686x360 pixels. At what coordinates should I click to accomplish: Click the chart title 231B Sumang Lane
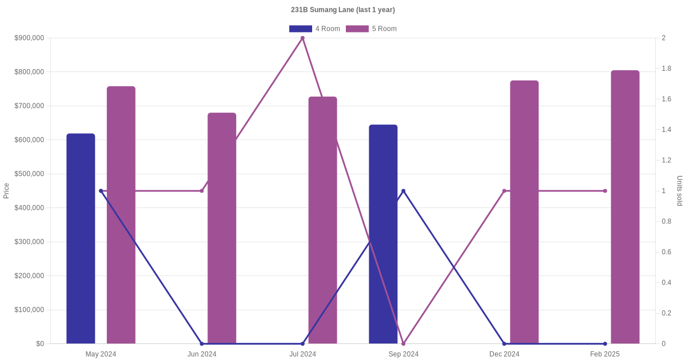pos(342,10)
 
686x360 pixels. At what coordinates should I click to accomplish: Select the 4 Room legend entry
pos(314,29)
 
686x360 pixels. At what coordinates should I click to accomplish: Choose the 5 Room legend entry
pos(371,29)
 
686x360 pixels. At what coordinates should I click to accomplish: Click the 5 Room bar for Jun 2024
pos(222,228)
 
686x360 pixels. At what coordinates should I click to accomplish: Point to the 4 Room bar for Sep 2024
pos(383,234)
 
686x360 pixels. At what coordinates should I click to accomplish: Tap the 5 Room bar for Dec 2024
pos(524,212)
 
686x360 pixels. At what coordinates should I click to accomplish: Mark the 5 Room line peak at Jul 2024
pos(302,38)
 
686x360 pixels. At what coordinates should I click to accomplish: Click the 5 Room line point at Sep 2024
pos(404,343)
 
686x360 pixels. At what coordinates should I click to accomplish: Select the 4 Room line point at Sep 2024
pos(404,191)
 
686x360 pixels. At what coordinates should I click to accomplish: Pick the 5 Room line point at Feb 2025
pos(605,191)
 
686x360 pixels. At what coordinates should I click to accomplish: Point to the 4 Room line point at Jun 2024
pos(202,343)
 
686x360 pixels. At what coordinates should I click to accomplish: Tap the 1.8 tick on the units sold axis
pos(667,69)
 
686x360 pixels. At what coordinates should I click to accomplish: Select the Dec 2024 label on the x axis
pos(504,354)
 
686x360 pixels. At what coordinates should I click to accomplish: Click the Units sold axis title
pos(680,191)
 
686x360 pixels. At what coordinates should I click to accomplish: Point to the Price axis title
pos(6,191)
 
